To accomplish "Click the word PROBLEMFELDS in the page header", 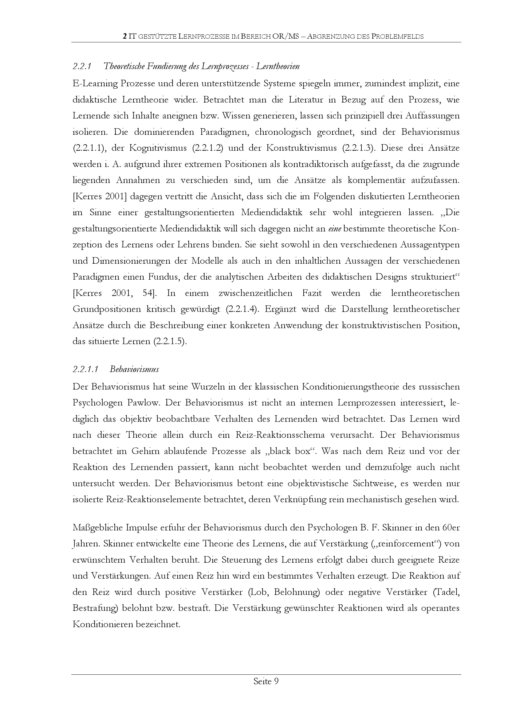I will pyautogui.click(x=397, y=37).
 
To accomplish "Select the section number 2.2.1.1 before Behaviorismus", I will pyautogui.click(x=85, y=369).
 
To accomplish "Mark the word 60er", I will pyautogui.click(x=451, y=528).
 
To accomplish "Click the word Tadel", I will pyautogui.click(x=449, y=592).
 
